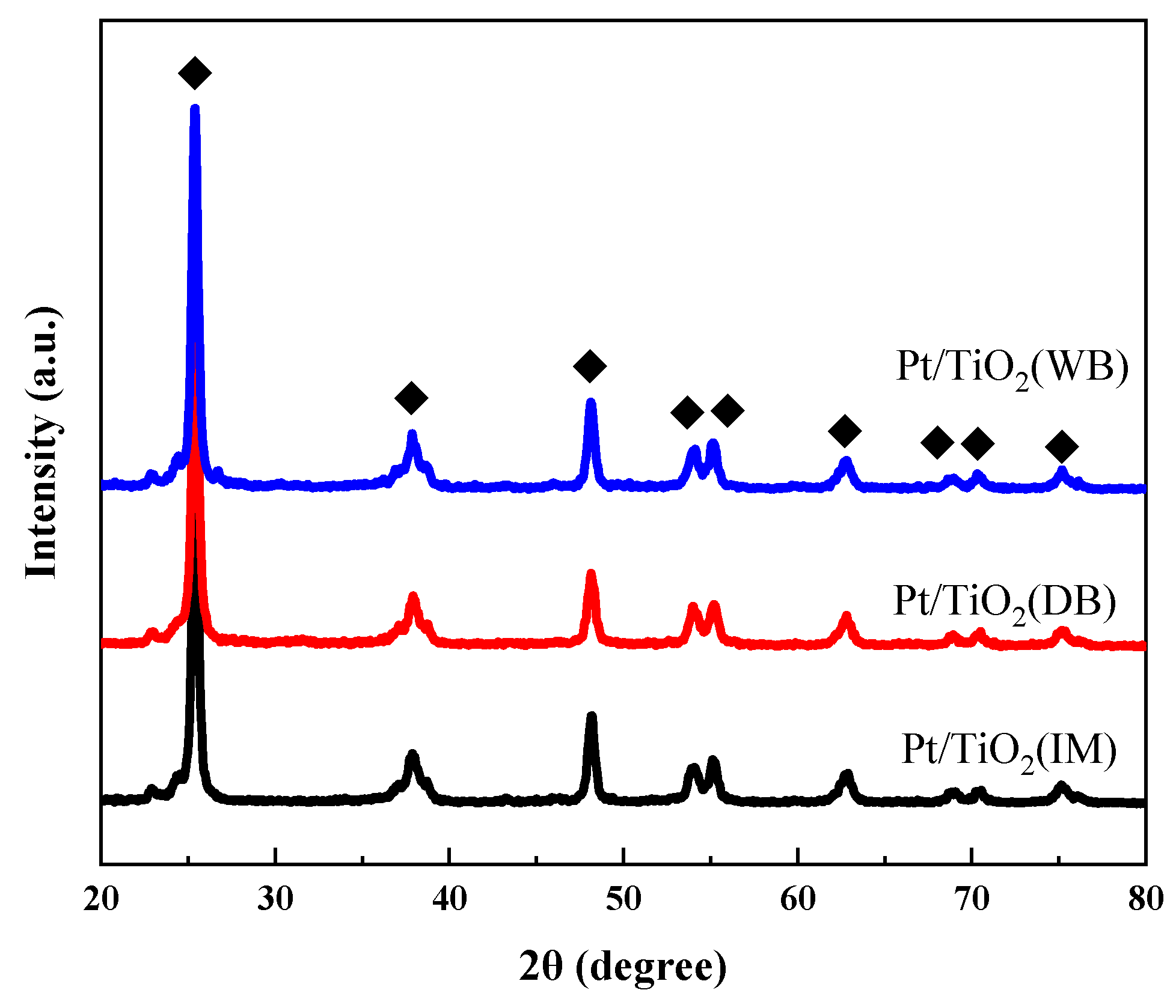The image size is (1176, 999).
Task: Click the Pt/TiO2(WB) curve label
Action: click(x=1012, y=368)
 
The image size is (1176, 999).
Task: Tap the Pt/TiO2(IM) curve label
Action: click(x=1009, y=750)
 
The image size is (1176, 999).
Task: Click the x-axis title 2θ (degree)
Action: click(x=623, y=967)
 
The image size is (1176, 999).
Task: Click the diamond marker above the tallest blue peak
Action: click(x=195, y=73)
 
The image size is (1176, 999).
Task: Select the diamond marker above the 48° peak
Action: click(x=590, y=366)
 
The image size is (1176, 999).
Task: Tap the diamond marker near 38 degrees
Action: click(x=411, y=398)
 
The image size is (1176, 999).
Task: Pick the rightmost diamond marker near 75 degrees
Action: click(x=1062, y=446)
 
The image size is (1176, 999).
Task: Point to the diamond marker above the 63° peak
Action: click(x=845, y=430)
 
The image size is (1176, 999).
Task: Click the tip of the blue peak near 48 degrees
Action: click(x=590, y=401)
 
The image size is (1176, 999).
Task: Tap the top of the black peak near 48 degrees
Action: click(x=592, y=716)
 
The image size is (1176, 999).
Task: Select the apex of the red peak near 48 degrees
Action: click(x=591, y=573)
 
